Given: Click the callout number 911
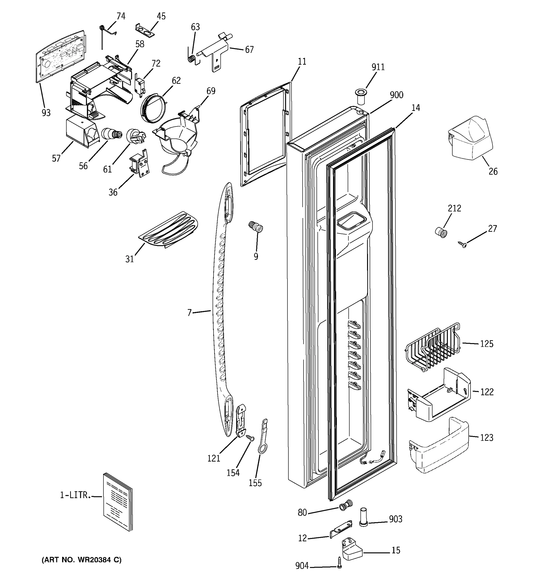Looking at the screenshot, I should point(378,67).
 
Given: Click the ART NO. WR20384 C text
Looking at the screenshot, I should point(81,560).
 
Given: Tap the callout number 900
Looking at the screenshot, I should point(396,95).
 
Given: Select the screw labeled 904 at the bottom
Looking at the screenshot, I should point(340,562).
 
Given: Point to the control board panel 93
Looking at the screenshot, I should point(60,56).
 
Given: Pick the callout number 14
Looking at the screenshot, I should point(416,108).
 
